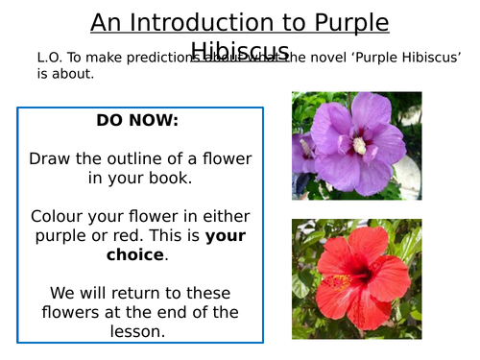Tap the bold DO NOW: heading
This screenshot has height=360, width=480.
point(137,122)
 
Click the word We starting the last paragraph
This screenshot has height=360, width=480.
point(60,289)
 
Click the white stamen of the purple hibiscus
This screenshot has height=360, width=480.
point(360,144)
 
